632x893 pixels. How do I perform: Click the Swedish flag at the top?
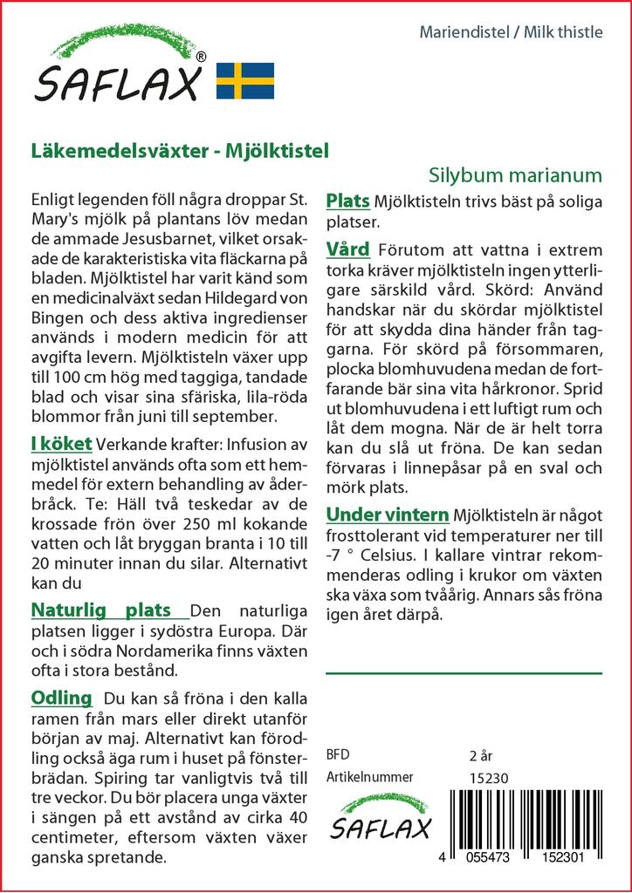click(x=244, y=80)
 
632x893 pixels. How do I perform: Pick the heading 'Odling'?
click(x=61, y=698)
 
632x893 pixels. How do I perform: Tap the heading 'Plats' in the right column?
click(x=347, y=201)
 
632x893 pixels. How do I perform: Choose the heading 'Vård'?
click(x=347, y=250)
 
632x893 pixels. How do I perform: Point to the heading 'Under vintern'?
click(x=387, y=514)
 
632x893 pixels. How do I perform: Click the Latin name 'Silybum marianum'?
click(x=516, y=174)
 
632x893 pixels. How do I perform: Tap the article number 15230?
click(x=489, y=778)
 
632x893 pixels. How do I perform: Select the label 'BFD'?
click(x=337, y=755)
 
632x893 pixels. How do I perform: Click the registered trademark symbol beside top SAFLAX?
click(x=202, y=57)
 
